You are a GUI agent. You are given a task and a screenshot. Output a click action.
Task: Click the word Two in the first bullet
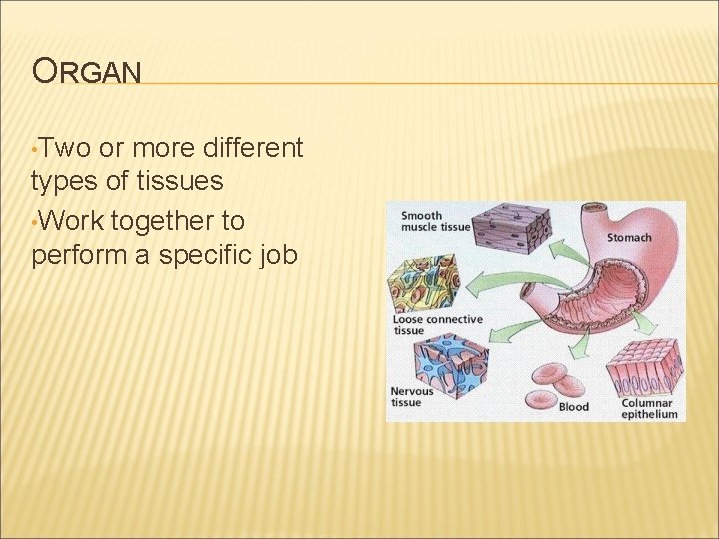pos(66,149)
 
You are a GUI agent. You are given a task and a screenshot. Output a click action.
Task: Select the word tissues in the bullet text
pos(186,182)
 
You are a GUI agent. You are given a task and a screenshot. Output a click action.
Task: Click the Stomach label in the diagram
pos(629,238)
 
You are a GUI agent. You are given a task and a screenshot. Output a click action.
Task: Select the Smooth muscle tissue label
pos(435,221)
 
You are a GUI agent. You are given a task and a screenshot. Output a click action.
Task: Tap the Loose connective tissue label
pos(437,325)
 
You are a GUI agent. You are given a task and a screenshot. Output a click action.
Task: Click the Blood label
pos(573,407)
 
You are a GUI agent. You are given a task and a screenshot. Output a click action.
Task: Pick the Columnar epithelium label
pos(648,409)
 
